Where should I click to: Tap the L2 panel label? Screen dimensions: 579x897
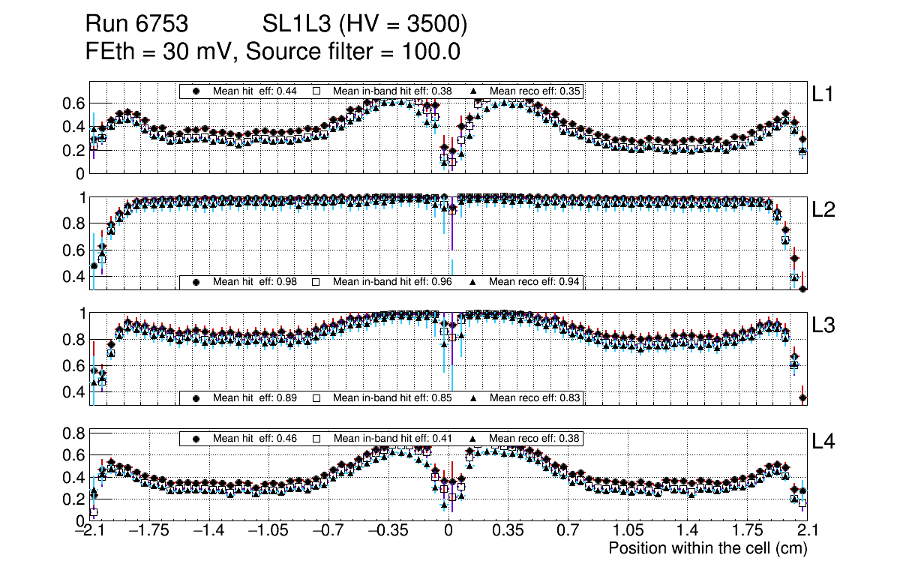[x=825, y=210]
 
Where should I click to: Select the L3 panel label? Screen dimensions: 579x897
[x=825, y=325]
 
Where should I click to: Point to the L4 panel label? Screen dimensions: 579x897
[x=825, y=442]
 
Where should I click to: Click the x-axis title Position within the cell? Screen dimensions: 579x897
[x=707, y=549]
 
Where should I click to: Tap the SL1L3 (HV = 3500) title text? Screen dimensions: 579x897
[x=365, y=25]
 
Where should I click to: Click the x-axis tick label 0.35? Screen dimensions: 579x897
[x=508, y=531]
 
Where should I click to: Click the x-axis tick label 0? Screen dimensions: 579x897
[x=448, y=531]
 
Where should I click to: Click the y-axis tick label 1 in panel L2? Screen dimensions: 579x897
[x=79, y=198]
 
